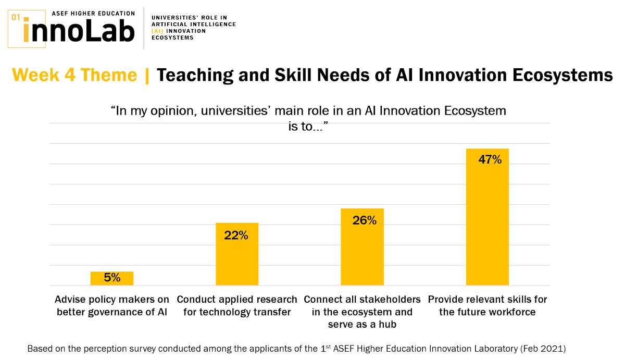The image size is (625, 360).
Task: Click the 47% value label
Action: (490, 160)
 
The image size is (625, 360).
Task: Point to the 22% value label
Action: (236, 235)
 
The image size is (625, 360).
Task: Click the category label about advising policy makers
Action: (112, 306)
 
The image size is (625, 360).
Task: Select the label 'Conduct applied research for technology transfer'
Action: (237, 306)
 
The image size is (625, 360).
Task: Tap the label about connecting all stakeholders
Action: (362, 312)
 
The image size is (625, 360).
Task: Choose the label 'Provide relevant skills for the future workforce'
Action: (488, 306)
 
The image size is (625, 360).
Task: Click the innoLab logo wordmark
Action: (79, 31)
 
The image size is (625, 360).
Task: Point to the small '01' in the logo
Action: (16, 17)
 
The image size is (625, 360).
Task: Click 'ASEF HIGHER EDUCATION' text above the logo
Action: (93, 13)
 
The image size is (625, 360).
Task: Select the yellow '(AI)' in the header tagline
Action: (157, 31)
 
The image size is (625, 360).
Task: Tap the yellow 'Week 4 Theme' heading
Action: (74, 76)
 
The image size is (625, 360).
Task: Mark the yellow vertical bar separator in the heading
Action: (147, 76)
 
